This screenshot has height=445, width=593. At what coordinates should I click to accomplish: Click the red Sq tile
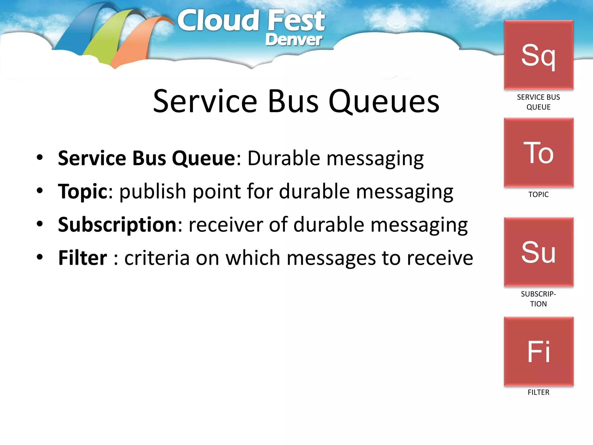pos(539,55)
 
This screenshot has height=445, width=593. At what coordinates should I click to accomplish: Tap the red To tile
pos(539,153)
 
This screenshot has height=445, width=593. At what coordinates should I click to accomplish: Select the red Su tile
pos(539,252)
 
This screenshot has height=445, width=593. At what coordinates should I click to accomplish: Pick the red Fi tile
pos(539,351)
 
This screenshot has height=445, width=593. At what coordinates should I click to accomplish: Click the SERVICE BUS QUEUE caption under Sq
pos(538,102)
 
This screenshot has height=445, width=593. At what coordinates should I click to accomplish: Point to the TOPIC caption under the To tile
pos(538,194)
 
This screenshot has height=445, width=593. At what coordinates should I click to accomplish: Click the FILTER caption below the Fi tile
pos(538,392)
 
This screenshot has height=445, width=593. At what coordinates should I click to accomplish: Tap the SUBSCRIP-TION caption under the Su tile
pos(538,299)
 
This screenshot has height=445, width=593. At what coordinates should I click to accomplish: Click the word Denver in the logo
pos(293,40)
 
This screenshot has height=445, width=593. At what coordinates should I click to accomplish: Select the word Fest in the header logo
pos(296,21)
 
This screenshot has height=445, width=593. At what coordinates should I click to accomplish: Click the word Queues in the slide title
pos(384,101)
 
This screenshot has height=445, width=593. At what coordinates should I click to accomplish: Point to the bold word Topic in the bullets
pos(83,192)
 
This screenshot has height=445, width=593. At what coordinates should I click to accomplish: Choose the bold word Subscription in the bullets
pos(117,225)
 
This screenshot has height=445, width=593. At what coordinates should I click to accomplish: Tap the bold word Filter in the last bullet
pos(83,258)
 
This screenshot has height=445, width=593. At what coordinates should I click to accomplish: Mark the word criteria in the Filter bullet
pos(157,258)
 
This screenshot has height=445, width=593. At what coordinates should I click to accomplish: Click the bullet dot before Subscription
pos(40,224)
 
